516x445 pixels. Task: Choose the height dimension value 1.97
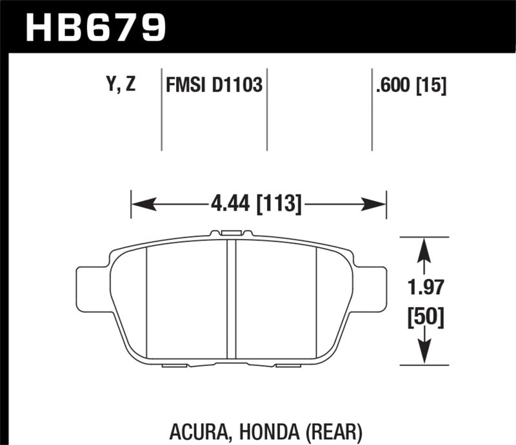(424, 287)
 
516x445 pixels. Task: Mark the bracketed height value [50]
(424, 316)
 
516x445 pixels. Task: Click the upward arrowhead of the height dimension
(423, 249)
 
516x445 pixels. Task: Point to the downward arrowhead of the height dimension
(423, 355)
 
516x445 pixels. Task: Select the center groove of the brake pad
(231, 299)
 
